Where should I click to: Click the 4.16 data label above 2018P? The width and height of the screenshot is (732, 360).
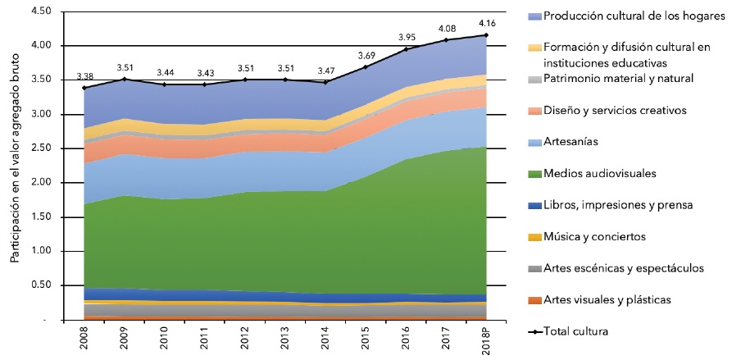pyautogui.click(x=485, y=24)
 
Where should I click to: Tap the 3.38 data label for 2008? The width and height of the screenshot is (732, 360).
pyautogui.click(x=84, y=76)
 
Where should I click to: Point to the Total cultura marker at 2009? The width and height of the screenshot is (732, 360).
pyautogui.click(x=125, y=79)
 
